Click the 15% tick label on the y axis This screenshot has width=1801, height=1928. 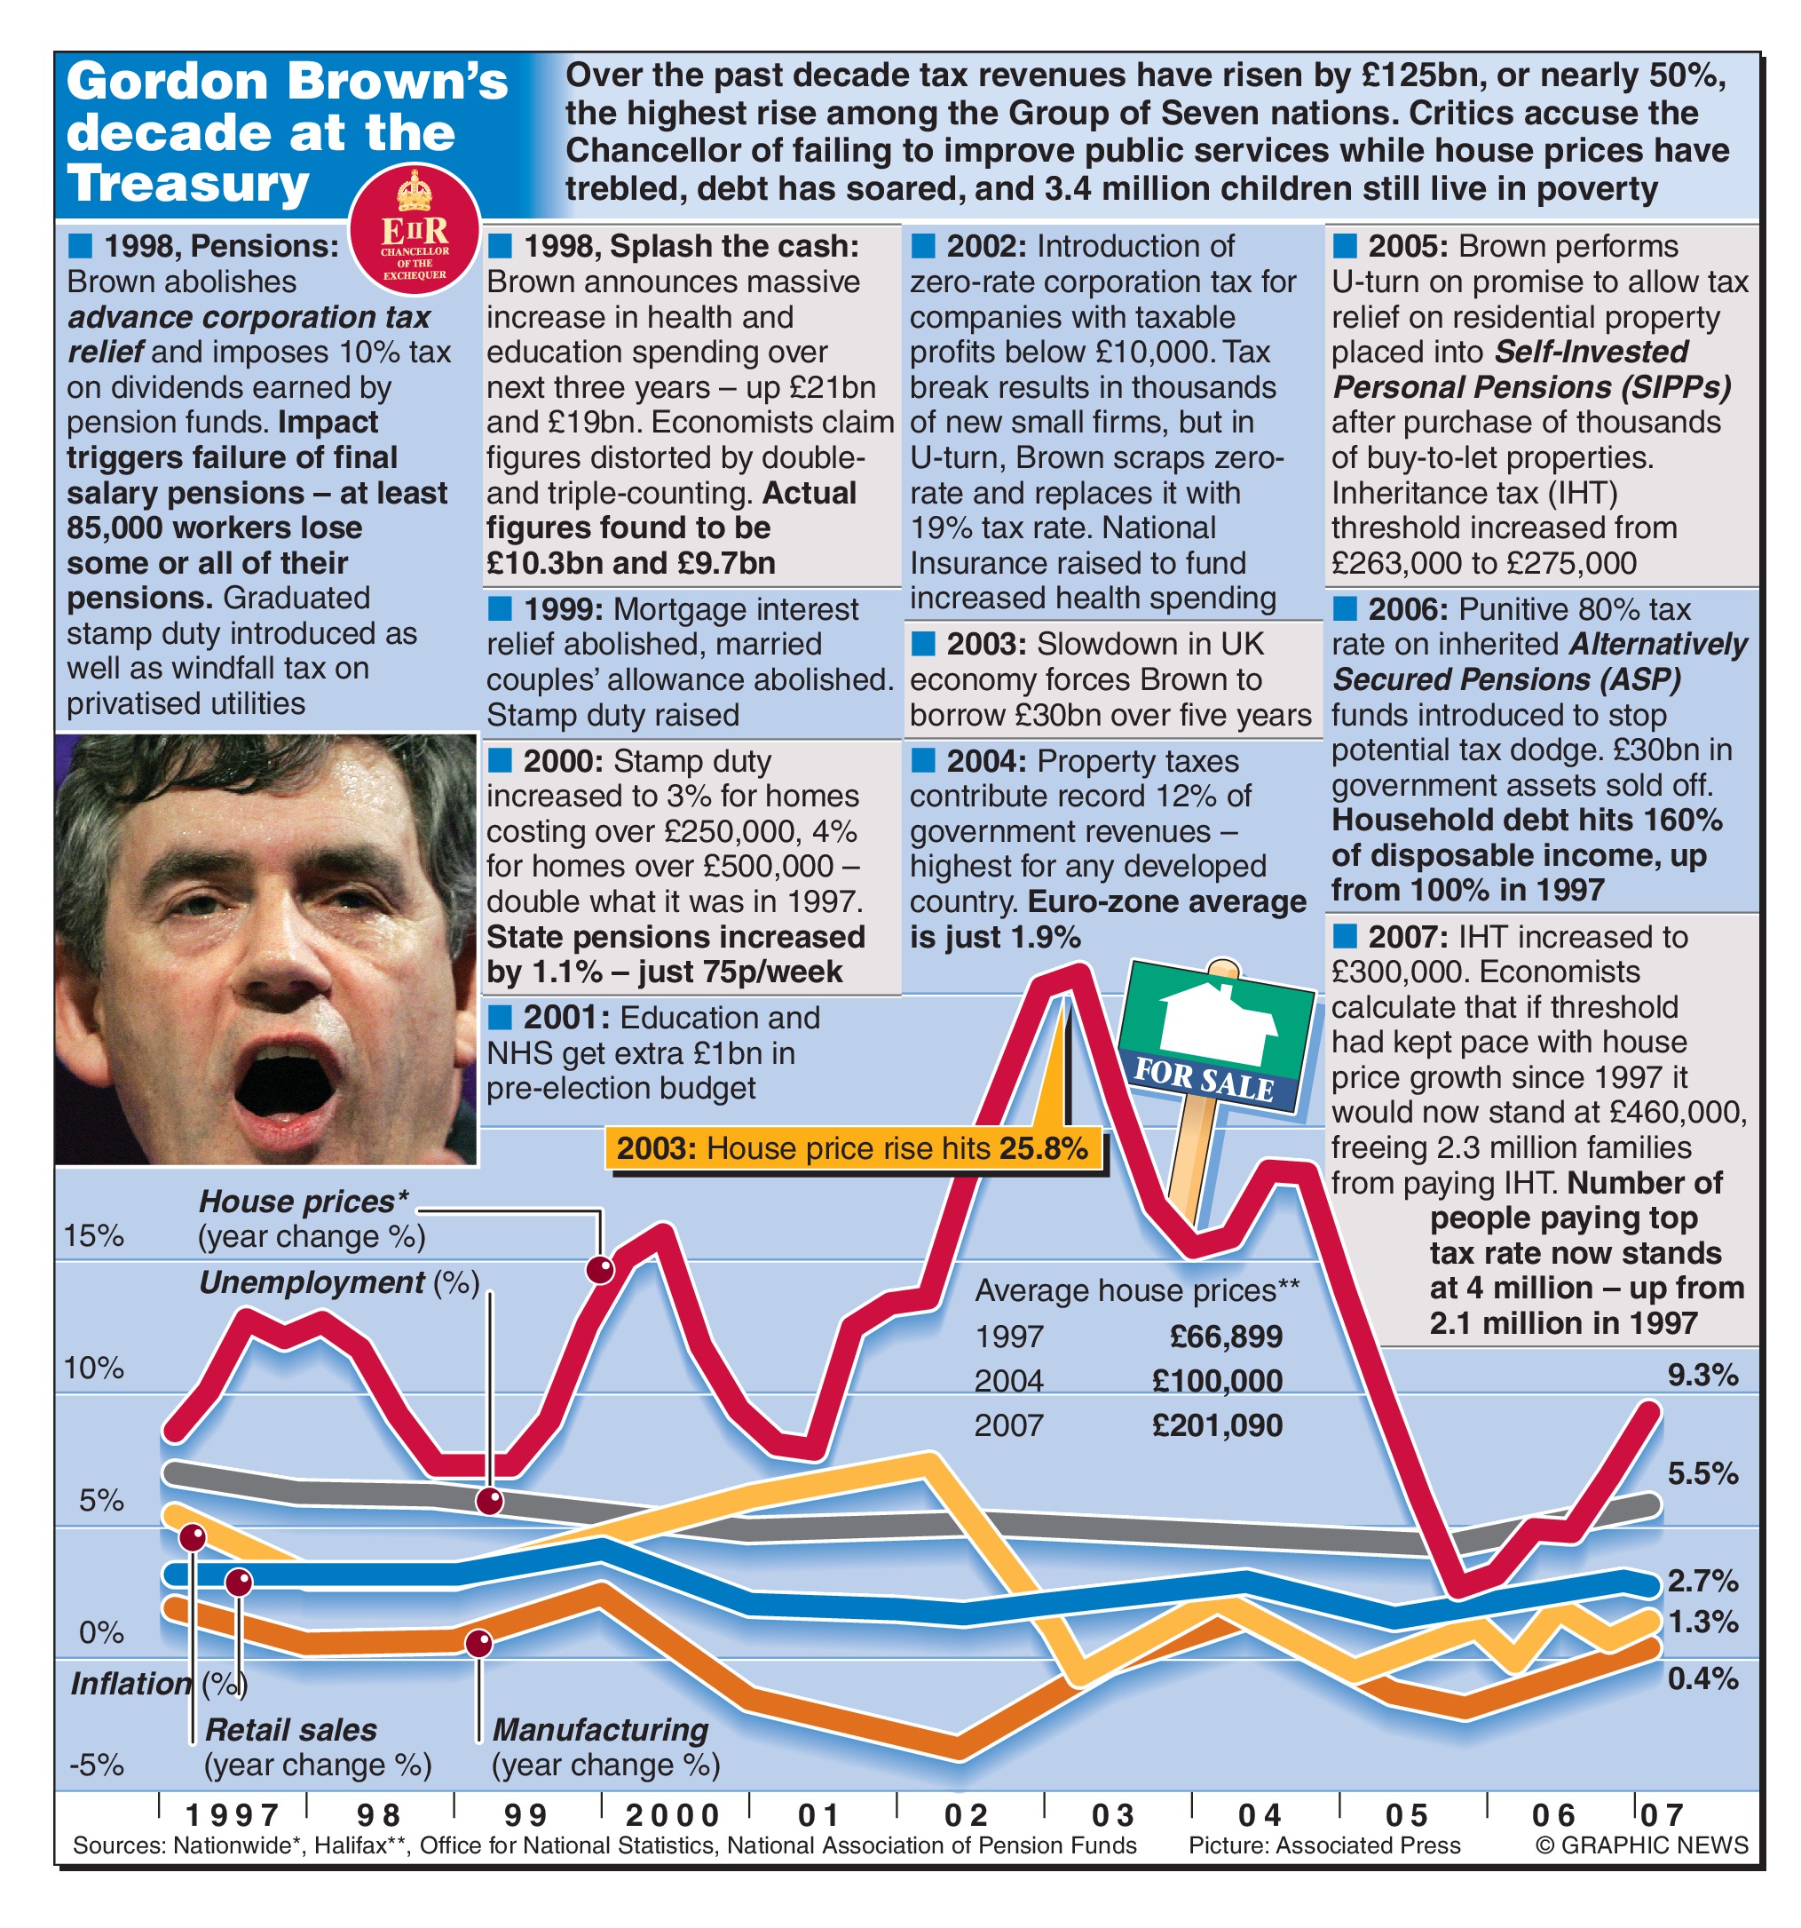coord(94,1235)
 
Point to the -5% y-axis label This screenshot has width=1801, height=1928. coord(96,1764)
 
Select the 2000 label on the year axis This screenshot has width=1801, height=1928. coord(673,1814)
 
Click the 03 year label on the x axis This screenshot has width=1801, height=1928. coord(1113,1814)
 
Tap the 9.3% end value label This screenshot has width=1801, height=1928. coord(1702,1374)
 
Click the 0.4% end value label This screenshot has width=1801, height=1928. coord(1702,1678)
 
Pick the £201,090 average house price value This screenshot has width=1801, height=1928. coord(1217,1424)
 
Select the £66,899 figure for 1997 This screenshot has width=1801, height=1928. coord(1225,1337)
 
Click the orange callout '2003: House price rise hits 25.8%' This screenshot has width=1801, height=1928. coord(852,1148)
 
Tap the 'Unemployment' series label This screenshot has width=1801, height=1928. coord(312,1282)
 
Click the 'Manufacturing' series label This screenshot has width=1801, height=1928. coord(600,1729)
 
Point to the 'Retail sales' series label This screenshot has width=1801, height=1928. coord(291,1729)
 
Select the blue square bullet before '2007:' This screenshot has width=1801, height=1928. coord(1345,936)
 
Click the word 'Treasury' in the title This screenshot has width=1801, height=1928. coord(188,183)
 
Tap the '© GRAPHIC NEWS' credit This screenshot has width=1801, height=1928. coord(1642,1845)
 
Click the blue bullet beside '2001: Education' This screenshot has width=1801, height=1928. coord(499,1016)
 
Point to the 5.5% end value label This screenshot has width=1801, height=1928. coord(1702,1473)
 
